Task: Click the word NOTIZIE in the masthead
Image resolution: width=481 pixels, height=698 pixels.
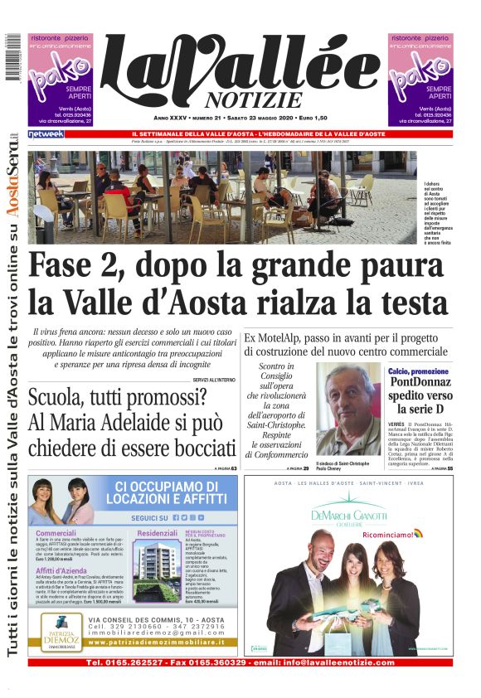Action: tap(240, 100)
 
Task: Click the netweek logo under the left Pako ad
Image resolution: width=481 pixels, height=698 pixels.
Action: tap(46, 133)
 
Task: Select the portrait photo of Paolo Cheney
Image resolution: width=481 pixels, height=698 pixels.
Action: tap(348, 408)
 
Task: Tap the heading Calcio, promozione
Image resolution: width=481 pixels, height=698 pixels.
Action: tap(419, 371)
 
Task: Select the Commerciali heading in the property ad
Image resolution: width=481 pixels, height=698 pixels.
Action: tap(56, 533)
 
